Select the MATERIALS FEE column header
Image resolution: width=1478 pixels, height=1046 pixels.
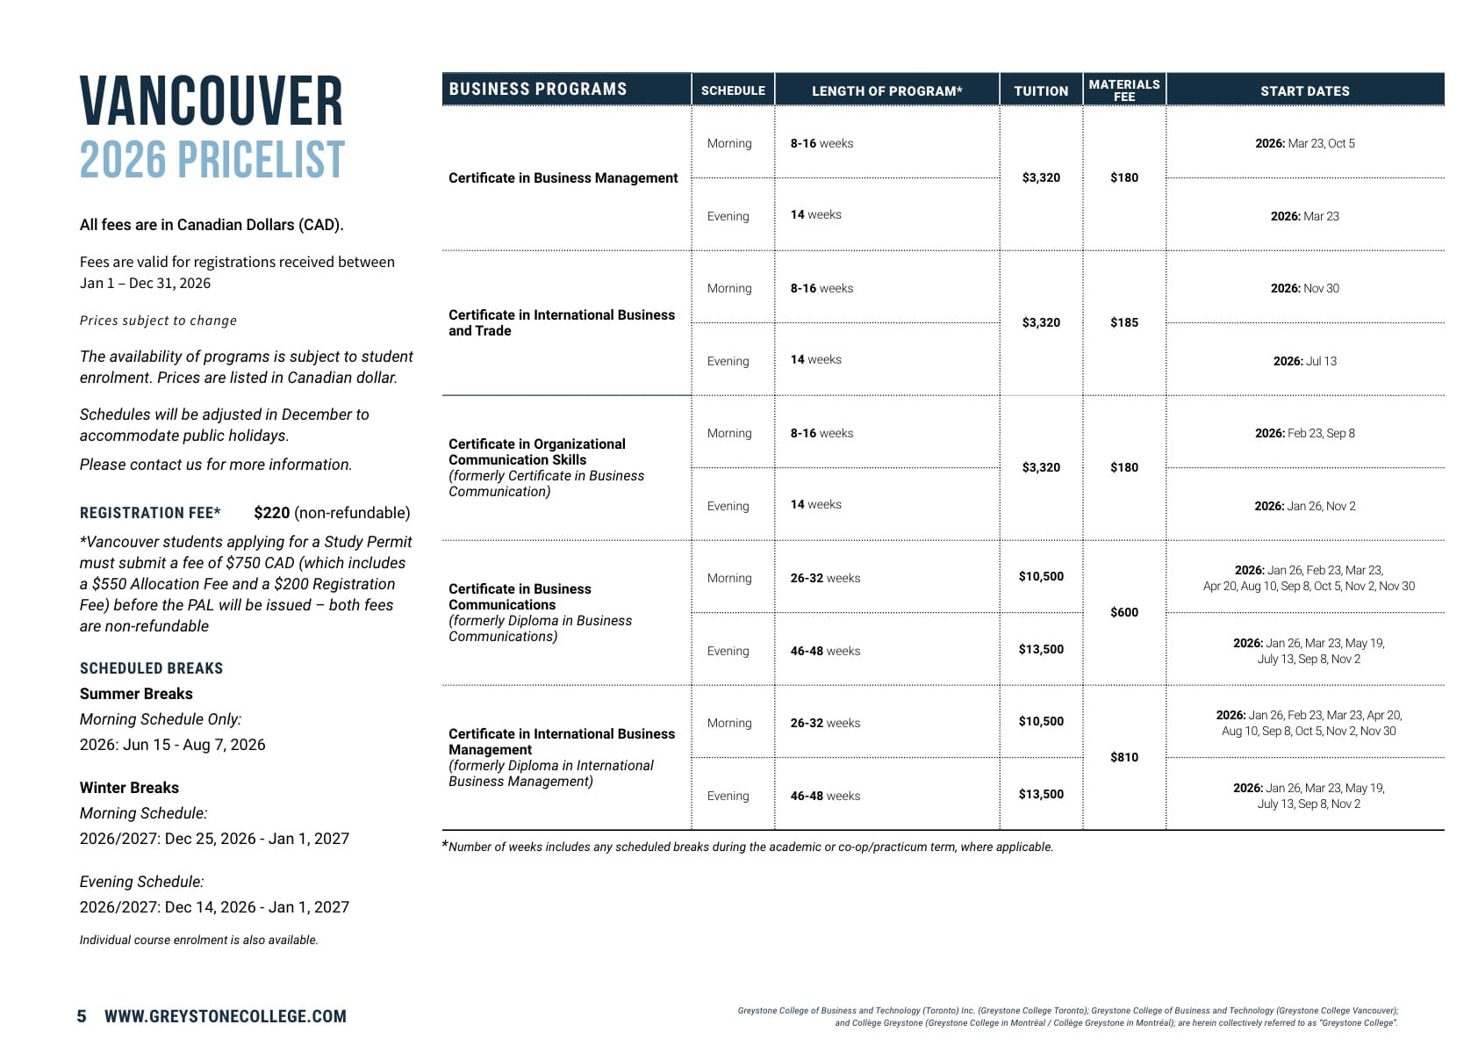click(x=1123, y=90)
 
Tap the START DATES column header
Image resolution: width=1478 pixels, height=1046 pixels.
click(x=1304, y=90)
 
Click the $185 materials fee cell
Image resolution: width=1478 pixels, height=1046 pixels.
click(x=1123, y=322)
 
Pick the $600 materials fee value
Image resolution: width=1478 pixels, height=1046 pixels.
click(x=1123, y=612)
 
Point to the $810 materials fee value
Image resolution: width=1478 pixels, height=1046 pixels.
click(x=1123, y=757)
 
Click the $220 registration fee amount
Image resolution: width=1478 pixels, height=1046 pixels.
click(x=272, y=513)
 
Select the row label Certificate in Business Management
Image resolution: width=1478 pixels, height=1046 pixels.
click(x=563, y=177)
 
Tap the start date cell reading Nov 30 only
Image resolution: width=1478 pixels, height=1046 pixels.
click(x=1304, y=288)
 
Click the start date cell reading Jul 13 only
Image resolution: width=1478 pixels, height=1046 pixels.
click(x=1304, y=361)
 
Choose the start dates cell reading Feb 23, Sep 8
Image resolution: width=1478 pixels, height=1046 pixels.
click(x=1304, y=433)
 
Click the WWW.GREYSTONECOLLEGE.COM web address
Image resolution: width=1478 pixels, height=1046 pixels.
click(x=226, y=1016)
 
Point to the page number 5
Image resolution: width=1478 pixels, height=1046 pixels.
click(x=82, y=1016)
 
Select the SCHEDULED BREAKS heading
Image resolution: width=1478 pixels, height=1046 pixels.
click(x=151, y=668)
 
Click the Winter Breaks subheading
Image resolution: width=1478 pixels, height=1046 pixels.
click(x=129, y=788)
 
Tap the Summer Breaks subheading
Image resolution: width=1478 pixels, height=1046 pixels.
click(x=136, y=694)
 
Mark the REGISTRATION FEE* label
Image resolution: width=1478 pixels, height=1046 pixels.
click(x=150, y=513)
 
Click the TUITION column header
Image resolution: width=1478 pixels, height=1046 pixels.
click(x=1041, y=90)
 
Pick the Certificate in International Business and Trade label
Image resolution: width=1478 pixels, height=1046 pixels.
click(x=562, y=322)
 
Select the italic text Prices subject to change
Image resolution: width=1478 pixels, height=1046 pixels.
click(x=158, y=321)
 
